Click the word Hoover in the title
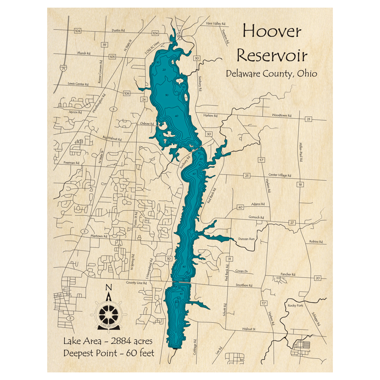[272, 32]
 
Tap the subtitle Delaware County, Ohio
[271, 74]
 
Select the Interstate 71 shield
[62, 68]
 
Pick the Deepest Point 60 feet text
[109, 353]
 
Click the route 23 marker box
[308, 119]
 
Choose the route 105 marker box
[112, 57]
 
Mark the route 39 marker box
[104, 45]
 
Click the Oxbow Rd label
[147, 123]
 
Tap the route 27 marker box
[292, 222]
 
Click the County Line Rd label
[136, 283]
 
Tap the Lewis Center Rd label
[78, 84]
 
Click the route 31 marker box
[229, 259]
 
